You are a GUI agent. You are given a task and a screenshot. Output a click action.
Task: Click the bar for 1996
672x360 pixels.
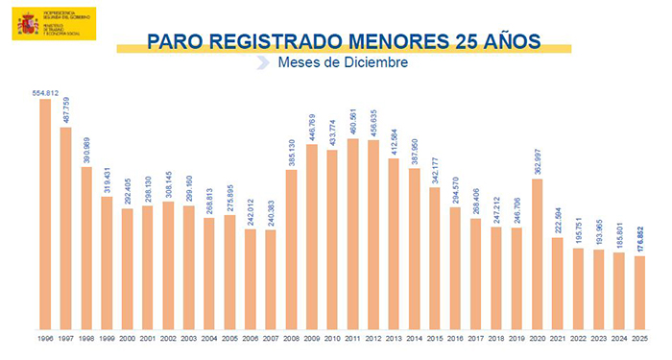point(45,211)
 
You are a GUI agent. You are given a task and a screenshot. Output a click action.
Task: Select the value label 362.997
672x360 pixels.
point(537,161)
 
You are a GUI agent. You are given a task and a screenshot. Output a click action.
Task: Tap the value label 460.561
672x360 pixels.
point(352,121)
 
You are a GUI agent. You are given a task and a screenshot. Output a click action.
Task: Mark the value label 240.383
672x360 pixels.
point(271,212)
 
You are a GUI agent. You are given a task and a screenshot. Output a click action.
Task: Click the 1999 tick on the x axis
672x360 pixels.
point(107,338)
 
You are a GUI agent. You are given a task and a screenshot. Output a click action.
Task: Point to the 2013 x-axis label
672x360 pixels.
point(394,338)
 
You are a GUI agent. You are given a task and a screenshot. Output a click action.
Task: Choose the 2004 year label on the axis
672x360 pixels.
point(209,338)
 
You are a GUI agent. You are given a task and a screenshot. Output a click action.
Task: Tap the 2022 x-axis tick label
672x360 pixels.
point(578,338)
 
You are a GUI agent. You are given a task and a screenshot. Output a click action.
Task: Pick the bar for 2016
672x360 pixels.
point(455,268)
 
